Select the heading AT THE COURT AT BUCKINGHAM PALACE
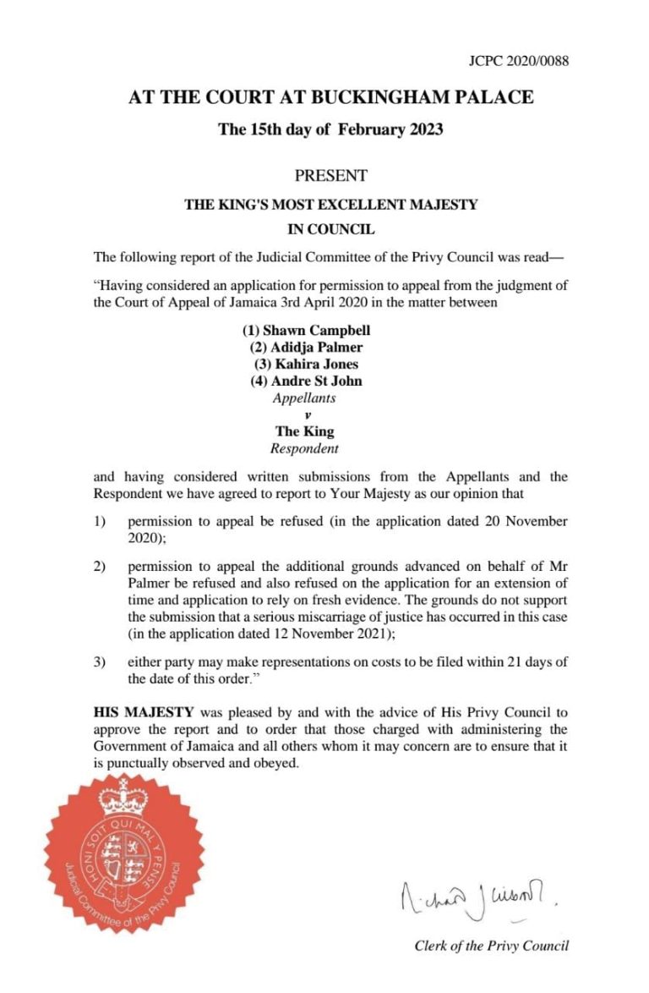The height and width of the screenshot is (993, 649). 330,97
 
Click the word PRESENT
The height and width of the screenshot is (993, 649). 330,176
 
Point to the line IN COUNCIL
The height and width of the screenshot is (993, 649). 330,228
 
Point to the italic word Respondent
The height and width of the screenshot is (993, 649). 304,448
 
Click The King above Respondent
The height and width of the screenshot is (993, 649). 304,431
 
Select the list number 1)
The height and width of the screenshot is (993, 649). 100,521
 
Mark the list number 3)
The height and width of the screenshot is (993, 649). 100,661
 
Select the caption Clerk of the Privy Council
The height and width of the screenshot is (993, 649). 491,946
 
